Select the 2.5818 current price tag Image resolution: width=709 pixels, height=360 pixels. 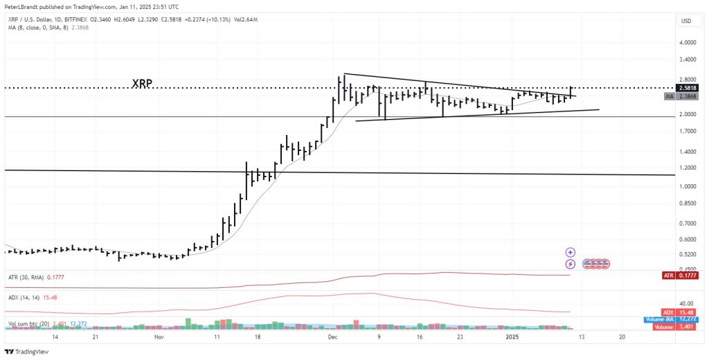687,89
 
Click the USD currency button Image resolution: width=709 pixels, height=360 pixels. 686,21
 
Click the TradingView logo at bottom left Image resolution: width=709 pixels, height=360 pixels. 26,352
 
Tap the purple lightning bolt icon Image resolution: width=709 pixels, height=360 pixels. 571,264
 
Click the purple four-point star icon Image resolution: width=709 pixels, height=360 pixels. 571,253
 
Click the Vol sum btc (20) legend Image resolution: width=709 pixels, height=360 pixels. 28,323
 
